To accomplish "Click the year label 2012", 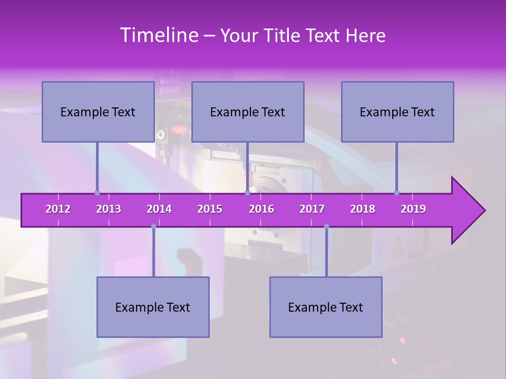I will [58, 209].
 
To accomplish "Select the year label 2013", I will [109, 209].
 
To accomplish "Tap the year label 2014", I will [159, 209].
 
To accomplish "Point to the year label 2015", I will [210, 209].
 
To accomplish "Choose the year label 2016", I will [261, 209].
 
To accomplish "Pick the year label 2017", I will [312, 209].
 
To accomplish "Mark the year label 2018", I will [363, 209].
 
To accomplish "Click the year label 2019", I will [413, 209].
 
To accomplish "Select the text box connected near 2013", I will [98, 112].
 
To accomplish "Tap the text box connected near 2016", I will [248, 112].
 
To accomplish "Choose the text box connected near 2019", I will [397, 112].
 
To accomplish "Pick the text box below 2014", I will [153, 307].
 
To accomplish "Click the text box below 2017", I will [326, 307].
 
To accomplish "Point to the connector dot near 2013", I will [97, 193].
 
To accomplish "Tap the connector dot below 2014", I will [153, 226].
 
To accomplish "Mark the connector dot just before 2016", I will [247, 193].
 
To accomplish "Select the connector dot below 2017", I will [326, 226].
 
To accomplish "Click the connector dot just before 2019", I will [396, 193].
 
